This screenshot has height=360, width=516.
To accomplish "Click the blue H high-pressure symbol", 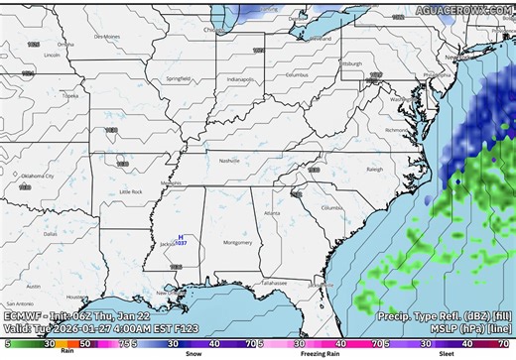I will pos(180,237).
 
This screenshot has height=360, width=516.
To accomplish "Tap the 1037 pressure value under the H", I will pos(181,244).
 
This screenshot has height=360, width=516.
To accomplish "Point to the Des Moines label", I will pos(106,36).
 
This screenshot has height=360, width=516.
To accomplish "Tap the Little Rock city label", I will pos(130,191).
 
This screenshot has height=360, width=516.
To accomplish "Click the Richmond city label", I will pos(397,130).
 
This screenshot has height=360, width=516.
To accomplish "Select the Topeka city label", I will pos(69,96).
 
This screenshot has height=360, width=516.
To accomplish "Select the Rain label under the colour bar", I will pos(66,349).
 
